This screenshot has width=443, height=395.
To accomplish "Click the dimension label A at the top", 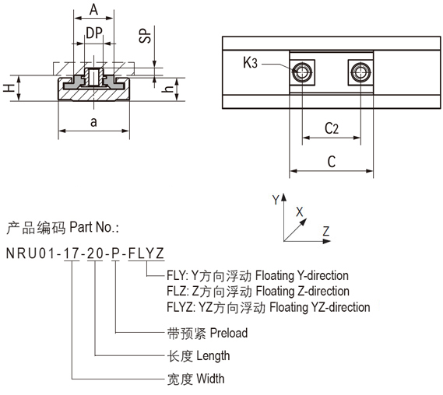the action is coord(93,9).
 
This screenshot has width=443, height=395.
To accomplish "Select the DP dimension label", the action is coord(94,33).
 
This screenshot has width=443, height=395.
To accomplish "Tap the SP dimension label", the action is coord(146,36).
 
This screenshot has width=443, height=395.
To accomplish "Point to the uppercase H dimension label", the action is coord(9,89).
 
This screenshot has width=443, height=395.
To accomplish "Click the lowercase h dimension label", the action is coord(168,89).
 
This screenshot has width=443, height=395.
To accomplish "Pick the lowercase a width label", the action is coord(93,122).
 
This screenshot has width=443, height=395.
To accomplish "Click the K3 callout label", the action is coord(251,62).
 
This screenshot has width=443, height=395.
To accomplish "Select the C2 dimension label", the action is coord(332,128).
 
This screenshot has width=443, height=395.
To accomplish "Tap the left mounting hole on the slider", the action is coord(302,72).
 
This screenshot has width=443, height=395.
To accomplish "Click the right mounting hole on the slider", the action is coord(360,72).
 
